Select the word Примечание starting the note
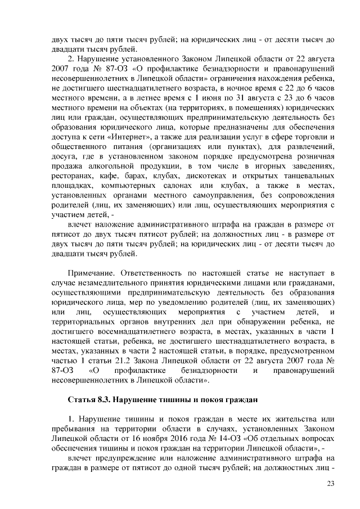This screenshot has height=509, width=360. [92, 272]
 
